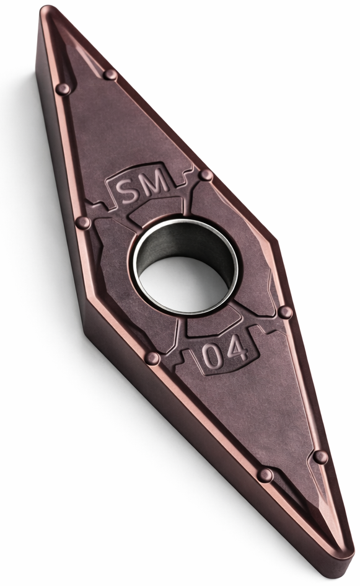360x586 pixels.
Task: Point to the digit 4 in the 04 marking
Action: click(235, 350)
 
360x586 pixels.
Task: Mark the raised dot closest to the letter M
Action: click(206, 175)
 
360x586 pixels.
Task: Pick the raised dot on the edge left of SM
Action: click(82, 223)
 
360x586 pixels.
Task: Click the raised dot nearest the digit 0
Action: click(152, 358)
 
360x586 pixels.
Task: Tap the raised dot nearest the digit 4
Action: click(285, 312)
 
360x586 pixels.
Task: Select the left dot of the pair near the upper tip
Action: click(63, 89)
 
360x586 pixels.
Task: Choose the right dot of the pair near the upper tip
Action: click(110, 74)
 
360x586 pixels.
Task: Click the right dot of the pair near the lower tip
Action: click(320, 456)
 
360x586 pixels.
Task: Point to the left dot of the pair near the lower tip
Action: click(265, 475)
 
